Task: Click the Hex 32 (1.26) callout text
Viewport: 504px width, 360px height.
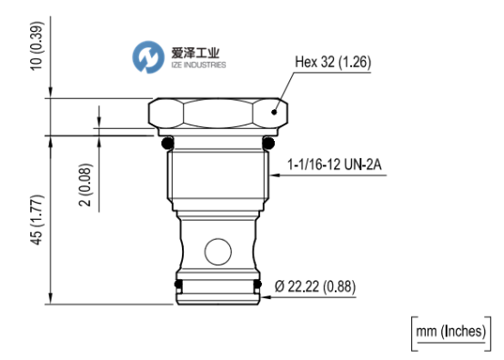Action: [x=333, y=62]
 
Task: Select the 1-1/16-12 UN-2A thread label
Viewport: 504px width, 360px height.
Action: [x=334, y=165]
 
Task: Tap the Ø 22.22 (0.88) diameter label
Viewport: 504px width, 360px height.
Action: [x=316, y=286]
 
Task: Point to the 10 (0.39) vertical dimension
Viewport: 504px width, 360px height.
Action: [x=36, y=46]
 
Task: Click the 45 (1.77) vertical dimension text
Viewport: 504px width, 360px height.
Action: [x=36, y=220]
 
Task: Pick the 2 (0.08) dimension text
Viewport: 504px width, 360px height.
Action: [x=86, y=185]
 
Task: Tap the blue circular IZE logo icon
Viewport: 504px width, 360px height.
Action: [x=148, y=57]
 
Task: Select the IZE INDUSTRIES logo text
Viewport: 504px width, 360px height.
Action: [x=198, y=65]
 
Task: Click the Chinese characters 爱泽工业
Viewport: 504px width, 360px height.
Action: [x=196, y=53]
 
